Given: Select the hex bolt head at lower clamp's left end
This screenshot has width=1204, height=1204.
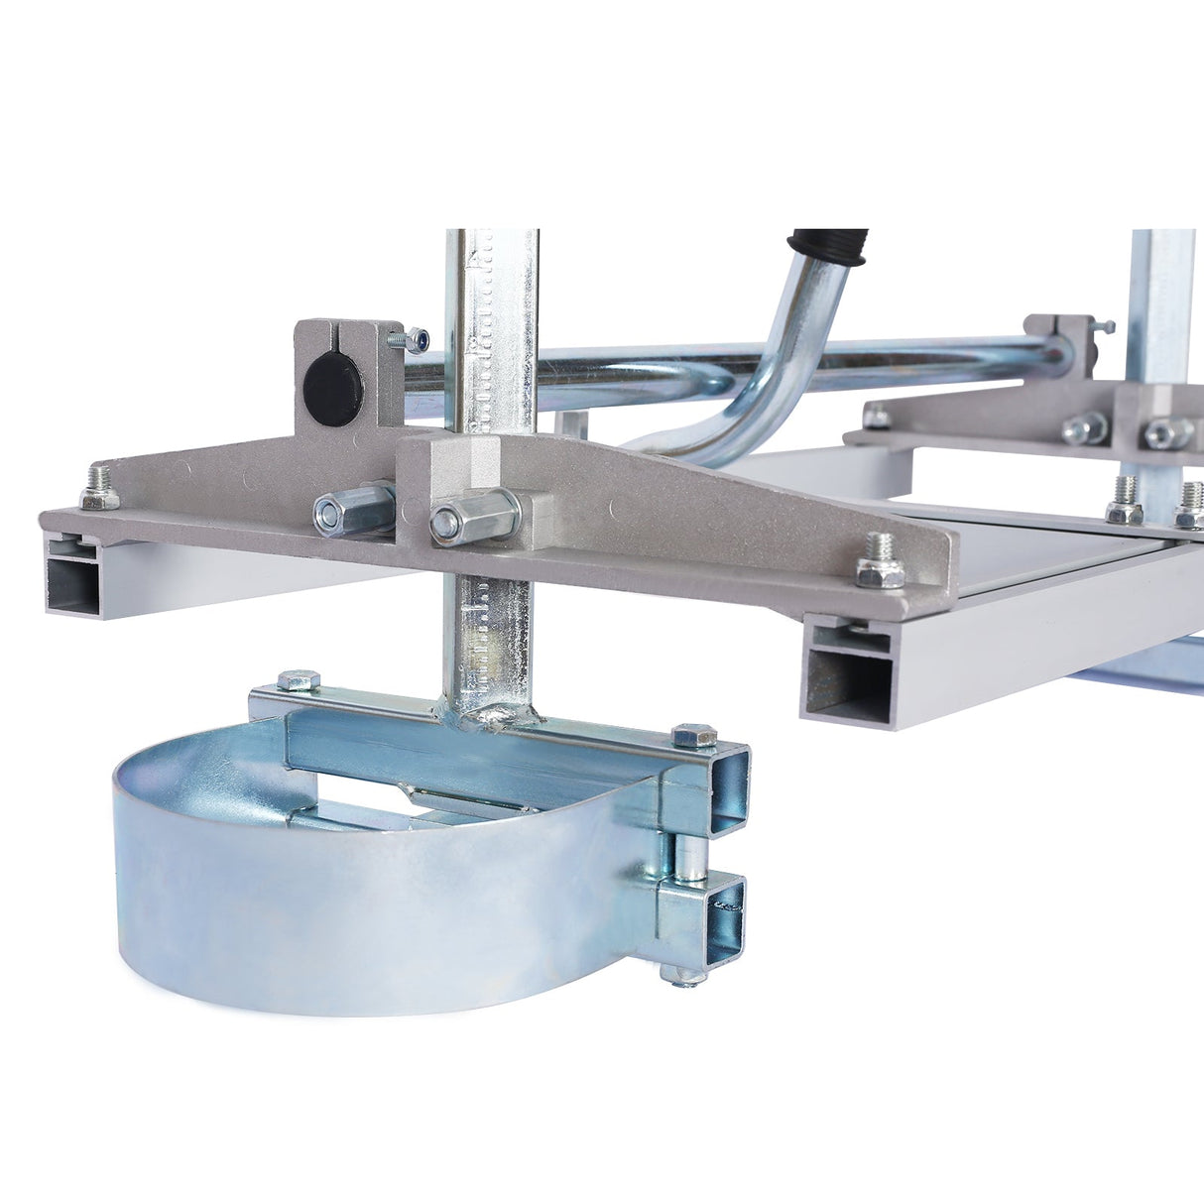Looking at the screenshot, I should tap(298, 681).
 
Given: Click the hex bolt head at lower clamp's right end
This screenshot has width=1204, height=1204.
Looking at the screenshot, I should tap(694, 735).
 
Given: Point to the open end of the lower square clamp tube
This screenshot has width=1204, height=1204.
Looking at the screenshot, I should tap(721, 916).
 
